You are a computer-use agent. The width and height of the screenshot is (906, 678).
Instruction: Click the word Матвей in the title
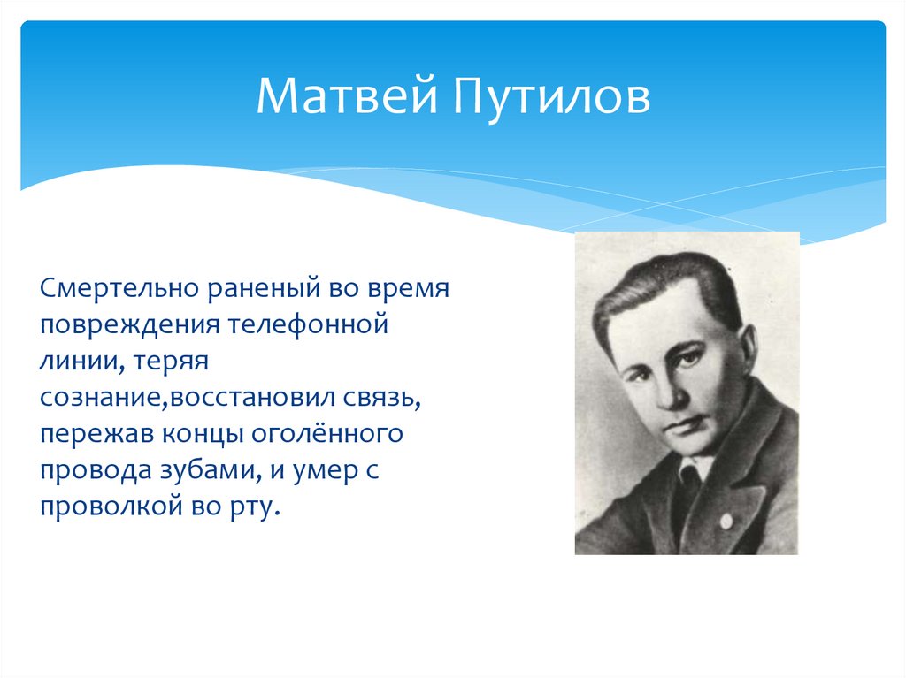[x=347, y=95]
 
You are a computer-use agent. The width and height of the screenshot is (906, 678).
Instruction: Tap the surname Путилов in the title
[x=551, y=97]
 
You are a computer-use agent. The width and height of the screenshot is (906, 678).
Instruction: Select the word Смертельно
[x=119, y=287]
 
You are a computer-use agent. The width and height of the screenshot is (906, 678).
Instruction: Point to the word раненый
[x=264, y=289]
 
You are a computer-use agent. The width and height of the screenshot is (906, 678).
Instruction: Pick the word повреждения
[x=130, y=325]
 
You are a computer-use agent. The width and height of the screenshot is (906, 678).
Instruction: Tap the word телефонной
[x=307, y=324]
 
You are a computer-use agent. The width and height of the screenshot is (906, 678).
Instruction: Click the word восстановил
[x=253, y=397]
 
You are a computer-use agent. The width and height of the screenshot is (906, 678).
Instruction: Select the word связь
[x=382, y=399]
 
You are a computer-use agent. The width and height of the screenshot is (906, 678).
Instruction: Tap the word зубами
[x=208, y=469]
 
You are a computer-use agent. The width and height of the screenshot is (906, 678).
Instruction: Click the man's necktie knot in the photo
[x=687, y=475]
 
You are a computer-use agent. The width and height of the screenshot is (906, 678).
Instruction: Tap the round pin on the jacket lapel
[x=726, y=522]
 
